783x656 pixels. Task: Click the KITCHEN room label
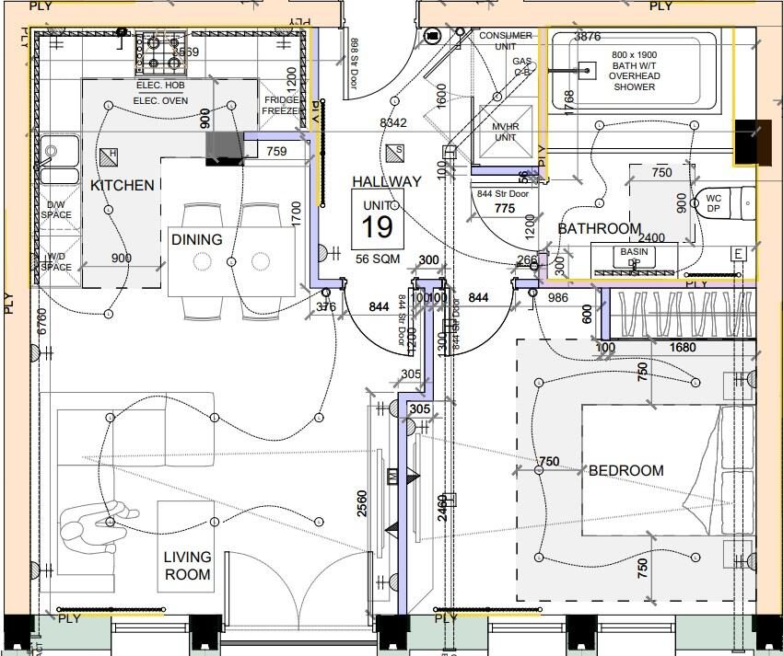(123, 185)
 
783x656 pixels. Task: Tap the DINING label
(196, 239)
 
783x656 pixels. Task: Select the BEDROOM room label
(625, 470)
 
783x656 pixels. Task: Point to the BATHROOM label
(599, 228)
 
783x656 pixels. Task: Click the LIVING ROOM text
(187, 566)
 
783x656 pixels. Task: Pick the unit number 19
(378, 226)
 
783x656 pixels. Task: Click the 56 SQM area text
(378, 259)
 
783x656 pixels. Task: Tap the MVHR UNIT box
(505, 132)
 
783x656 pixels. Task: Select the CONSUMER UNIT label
(505, 40)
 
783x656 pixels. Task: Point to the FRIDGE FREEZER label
(280, 106)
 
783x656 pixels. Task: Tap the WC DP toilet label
(713, 203)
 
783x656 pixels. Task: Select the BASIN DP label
(634, 257)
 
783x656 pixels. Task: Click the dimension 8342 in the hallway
(393, 122)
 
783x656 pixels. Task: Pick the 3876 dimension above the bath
(587, 37)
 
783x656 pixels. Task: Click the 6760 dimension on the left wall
(42, 322)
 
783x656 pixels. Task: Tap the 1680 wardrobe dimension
(683, 348)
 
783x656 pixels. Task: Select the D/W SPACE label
(55, 211)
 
